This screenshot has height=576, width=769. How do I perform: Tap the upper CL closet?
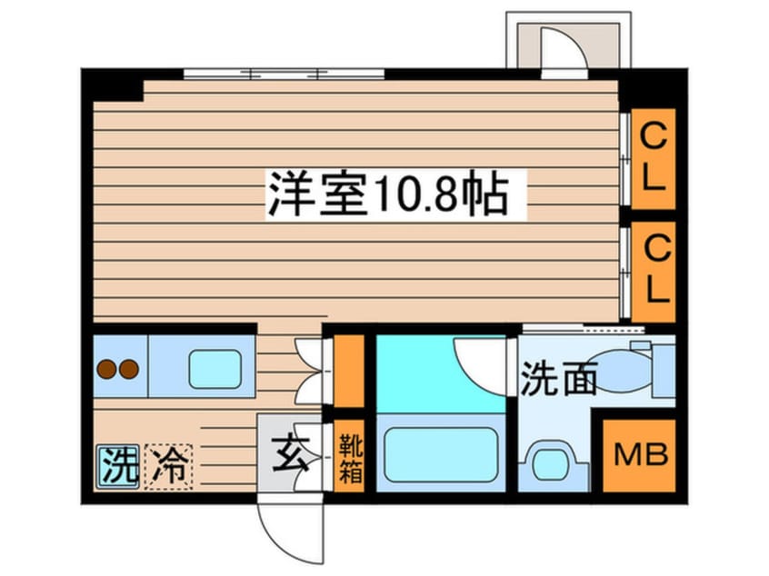click(x=654, y=159)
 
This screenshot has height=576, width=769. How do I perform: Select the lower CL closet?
click(x=654, y=272)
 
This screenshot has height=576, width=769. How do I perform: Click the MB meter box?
click(x=640, y=455)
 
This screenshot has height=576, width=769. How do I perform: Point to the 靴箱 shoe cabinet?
click(x=350, y=456)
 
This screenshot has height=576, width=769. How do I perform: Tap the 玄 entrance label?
click(x=290, y=454)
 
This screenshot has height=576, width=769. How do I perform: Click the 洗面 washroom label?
click(x=558, y=379)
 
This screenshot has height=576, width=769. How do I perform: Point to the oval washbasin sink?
click(x=620, y=370)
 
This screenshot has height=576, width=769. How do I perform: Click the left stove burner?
click(x=106, y=369)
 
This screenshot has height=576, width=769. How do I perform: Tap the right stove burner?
click(x=129, y=369)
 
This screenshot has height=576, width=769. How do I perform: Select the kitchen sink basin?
click(x=215, y=369)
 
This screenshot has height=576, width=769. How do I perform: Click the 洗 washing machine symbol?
click(x=117, y=466)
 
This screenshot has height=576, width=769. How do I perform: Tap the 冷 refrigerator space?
click(x=168, y=466)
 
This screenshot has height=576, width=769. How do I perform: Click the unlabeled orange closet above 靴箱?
click(x=349, y=371)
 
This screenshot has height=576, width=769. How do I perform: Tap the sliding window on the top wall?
click(x=284, y=74)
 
